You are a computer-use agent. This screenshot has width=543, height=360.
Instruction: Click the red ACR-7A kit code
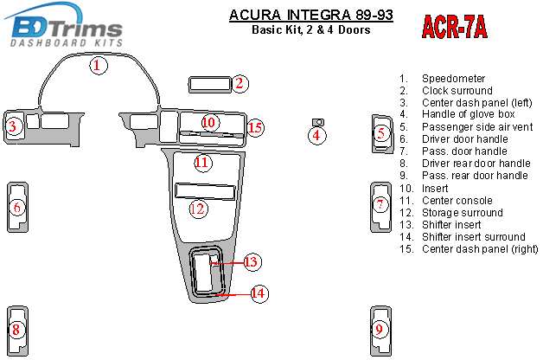[x=454, y=27]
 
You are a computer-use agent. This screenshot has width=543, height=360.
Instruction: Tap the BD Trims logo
[x=64, y=25]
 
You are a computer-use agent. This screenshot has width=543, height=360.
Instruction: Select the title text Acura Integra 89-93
[x=311, y=15]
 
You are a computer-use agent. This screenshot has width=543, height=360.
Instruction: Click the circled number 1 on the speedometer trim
[x=99, y=65]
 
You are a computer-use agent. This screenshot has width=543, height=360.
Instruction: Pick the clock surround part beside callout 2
[x=210, y=85]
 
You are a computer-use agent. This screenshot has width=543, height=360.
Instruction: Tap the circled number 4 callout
[x=316, y=136]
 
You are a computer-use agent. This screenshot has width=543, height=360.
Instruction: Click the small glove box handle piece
[x=318, y=122]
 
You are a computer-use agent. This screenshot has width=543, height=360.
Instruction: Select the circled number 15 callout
[x=256, y=128]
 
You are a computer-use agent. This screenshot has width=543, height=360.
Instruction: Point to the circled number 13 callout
[x=252, y=262]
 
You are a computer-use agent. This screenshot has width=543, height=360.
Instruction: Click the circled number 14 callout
[x=259, y=293]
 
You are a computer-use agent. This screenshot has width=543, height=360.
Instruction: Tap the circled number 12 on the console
[x=198, y=209]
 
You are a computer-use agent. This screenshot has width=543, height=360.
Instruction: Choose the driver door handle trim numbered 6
[x=17, y=207]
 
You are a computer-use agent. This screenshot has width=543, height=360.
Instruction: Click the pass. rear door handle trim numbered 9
[x=380, y=331]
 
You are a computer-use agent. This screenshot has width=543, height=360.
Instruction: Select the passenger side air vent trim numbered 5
[x=382, y=134]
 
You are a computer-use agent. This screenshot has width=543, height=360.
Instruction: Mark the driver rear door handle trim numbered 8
[x=17, y=331]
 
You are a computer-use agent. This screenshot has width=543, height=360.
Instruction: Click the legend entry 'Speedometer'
[x=453, y=79]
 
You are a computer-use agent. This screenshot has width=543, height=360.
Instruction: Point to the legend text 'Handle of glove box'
[x=468, y=114]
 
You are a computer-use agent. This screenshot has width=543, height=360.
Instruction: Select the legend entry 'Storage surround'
[x=463, y=212]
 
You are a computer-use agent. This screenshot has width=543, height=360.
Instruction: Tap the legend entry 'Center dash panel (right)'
[x=480, y=249]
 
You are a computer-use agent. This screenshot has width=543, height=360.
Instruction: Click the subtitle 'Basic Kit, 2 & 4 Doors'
[x=311, y=29]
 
